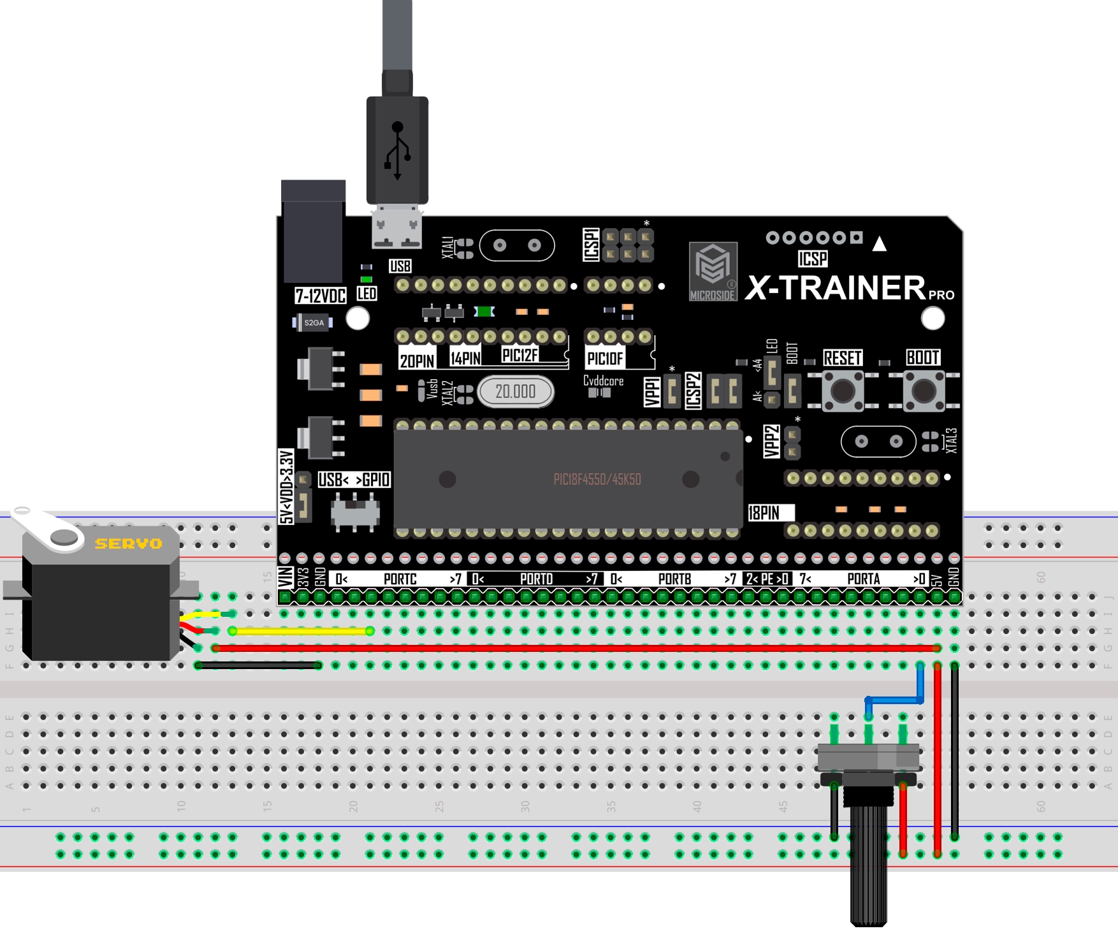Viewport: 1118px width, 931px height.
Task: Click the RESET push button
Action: (x=843, y=390)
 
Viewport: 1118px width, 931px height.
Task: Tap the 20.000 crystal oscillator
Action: (x=516, y=391)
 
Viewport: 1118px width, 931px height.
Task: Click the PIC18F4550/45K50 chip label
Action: (x=597, y=479)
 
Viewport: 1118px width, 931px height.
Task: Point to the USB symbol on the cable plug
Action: (x=397, y=150)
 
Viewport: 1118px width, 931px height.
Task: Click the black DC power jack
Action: (x=313, y=233)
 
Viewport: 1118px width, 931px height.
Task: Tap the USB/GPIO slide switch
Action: (x=355, y=512)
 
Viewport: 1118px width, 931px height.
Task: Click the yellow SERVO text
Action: (x=128, y=544)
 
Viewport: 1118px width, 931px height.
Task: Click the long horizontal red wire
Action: (x=574, y=648)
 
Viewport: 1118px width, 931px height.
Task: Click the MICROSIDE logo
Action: (x=713, y=271)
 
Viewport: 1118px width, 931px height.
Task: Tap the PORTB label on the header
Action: (x=674, y=579)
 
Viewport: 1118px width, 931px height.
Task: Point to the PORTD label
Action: (x=536, y=579)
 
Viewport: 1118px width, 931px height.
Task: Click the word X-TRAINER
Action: (x=835, y=288)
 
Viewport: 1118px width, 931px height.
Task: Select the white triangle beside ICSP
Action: (x=880, y=243)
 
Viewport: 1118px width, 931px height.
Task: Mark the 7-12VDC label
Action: (x=320, y=296)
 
